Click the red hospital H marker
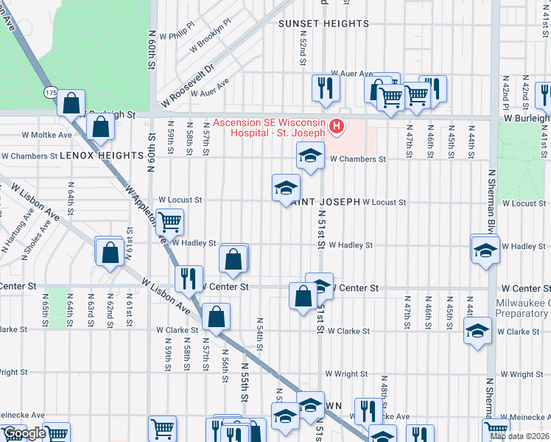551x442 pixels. [337, 127]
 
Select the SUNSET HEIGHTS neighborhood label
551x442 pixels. [323, 24]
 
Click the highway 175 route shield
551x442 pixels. [50, 93]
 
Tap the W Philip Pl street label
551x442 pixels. [181, 29]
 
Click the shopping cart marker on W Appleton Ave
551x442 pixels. [169, 220]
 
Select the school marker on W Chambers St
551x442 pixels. [310, 155]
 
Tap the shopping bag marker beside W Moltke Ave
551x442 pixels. [100, 126]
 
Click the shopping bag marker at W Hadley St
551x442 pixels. [234, 258]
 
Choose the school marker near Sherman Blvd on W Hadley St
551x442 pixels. [485, 249]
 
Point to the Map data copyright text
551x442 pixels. [519, 436]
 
